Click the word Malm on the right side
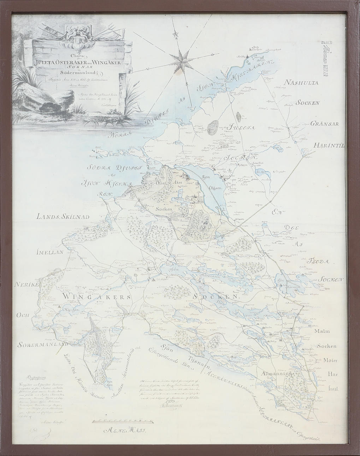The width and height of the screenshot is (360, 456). tap(321, 331)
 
